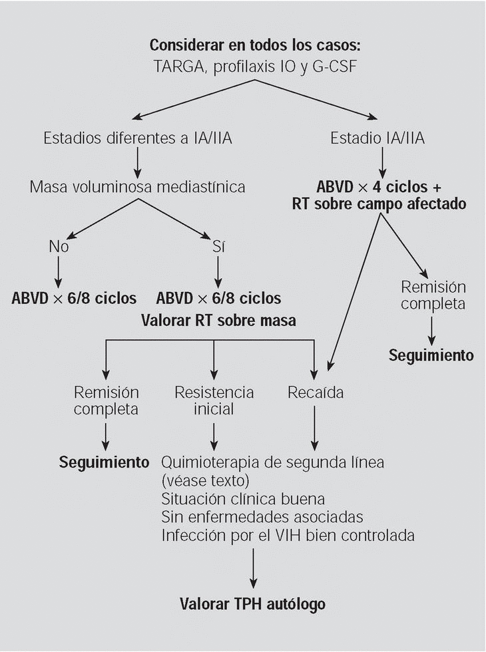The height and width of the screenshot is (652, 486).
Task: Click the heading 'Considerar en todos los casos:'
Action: (x=254, y=45)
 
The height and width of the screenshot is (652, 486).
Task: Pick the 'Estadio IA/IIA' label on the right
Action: (x=377, y=138)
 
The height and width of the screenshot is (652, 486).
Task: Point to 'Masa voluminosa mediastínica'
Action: (x=137, y=187)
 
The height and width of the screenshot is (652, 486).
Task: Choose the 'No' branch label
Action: (x=59, y=245)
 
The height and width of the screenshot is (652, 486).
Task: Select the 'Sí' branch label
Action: (x=218, y=245)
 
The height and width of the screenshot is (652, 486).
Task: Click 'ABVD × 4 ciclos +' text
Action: (x=379, y=185)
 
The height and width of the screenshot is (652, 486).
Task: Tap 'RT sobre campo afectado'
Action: (x=379, y=204)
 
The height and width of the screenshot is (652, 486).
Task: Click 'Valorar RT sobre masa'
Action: (x=218, y=320)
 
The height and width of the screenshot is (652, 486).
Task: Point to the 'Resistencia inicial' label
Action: (x=214, y=400)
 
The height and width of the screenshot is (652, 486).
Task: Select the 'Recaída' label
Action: (x=316, y=392)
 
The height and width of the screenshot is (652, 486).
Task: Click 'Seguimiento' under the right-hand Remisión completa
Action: (x=431, y=355)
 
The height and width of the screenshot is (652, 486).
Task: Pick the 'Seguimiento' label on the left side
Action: (x=105, y=462)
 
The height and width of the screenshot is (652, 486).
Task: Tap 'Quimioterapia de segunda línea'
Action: (x=273, y=462)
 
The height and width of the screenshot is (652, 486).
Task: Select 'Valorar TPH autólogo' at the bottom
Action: (x=253, y=604)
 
